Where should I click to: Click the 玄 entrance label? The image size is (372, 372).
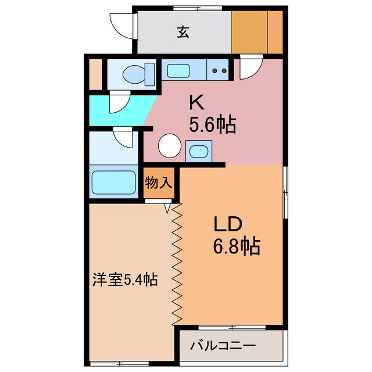click(x=183, y=33)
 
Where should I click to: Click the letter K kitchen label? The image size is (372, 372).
click(x=196, y=102)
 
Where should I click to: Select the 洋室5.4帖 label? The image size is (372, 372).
click(x=124, y=281)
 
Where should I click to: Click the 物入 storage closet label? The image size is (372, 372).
click(x=159, y=182)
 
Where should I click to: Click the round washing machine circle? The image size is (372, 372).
click(x=170, y=145)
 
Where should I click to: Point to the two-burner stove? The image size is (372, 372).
click(x=219, y=71)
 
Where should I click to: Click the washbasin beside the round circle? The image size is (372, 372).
click(x=199, y=152)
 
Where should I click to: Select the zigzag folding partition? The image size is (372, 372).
click(x=177, y=264)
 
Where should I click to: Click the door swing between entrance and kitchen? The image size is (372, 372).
click(x=251, y=68)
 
